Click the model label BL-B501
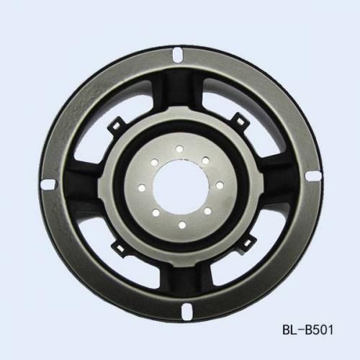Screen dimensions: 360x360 (307, 330)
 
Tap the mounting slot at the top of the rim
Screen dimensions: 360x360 (178, 55)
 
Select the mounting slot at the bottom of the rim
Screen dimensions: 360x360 (186, 311)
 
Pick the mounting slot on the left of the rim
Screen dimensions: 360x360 (49, 184)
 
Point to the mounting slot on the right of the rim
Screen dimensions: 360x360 (314, 176)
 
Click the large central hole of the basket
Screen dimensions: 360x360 (181, 187)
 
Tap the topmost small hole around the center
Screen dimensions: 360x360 (179, 149)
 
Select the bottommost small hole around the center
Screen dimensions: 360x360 (182, 225)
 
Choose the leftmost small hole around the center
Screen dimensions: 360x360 (142, 188)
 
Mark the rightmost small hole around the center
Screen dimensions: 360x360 (220, 186)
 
